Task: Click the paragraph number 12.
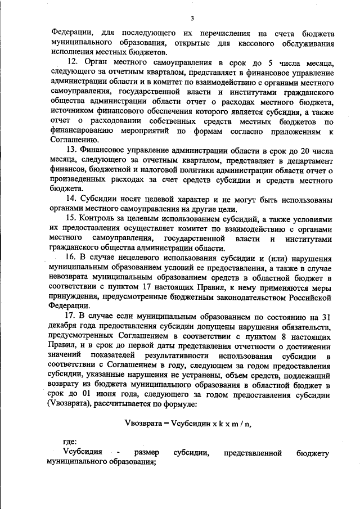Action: click(71, 61)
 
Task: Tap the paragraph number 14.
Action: click(71, 201)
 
